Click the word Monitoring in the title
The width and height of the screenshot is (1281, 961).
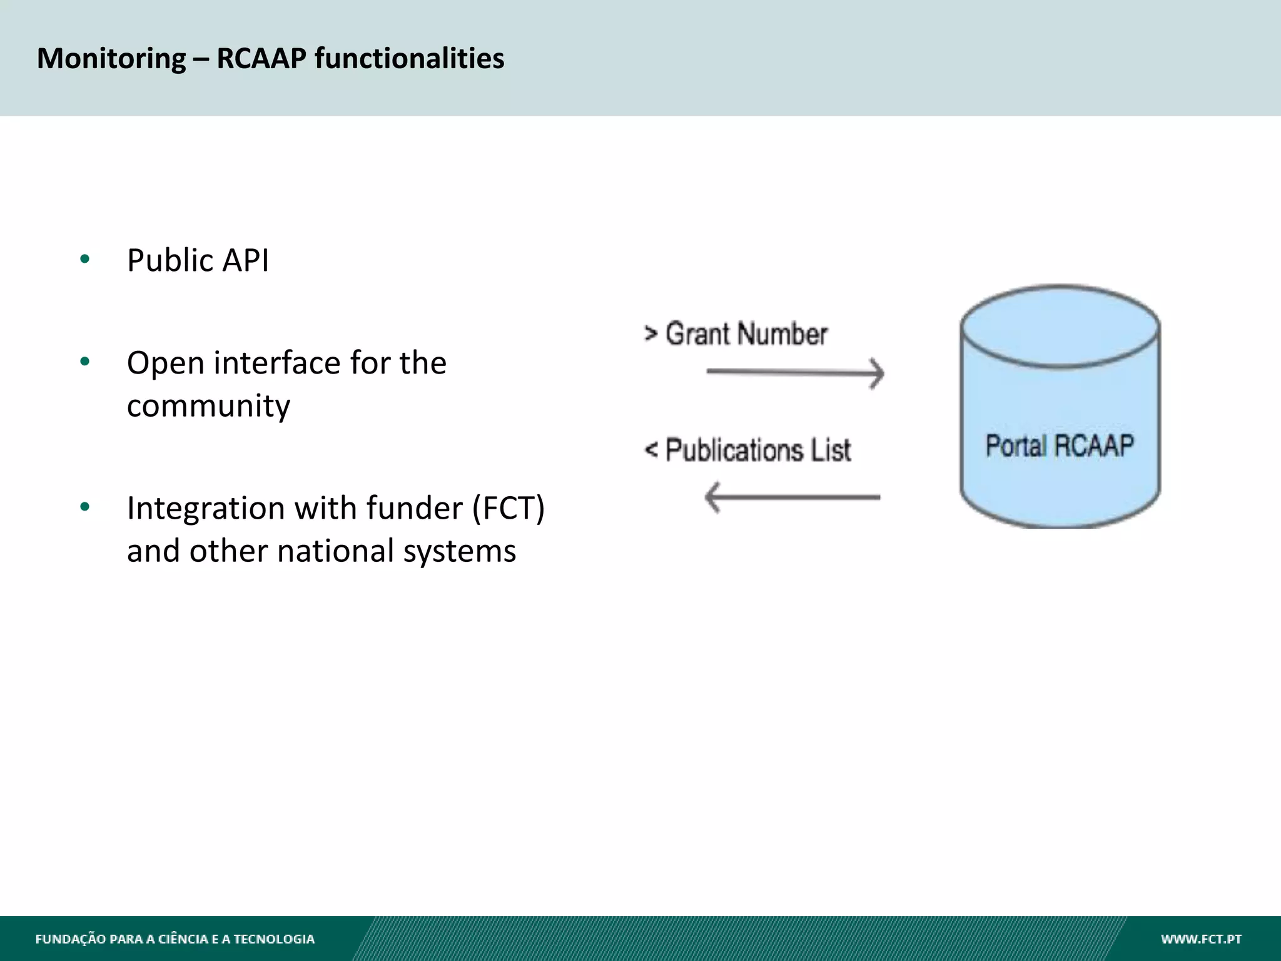(x=111, y=59)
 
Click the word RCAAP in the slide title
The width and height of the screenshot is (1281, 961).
(x=261, y=59)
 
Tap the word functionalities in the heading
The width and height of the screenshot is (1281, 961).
(x=409, y=59)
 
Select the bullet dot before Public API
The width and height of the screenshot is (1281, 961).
(x=85, y=259)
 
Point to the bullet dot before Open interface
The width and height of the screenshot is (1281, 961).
(x=85, y=361)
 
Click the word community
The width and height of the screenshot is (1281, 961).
(x=208, y=407)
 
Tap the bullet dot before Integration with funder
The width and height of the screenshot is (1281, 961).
(x=85, y=506)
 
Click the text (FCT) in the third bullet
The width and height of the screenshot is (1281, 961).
(x=508, y=508)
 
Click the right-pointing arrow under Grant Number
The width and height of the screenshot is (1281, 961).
(x=795, y=372)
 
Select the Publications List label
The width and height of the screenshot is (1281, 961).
(x=757, y=450)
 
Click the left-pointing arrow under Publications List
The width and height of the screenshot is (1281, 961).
(x=792, y=497)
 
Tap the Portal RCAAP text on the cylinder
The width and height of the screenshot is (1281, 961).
(x=1060, y=445)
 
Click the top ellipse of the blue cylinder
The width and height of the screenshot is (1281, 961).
(x=1060, y=325)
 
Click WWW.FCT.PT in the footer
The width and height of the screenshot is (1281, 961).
(x=1201, y=939)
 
